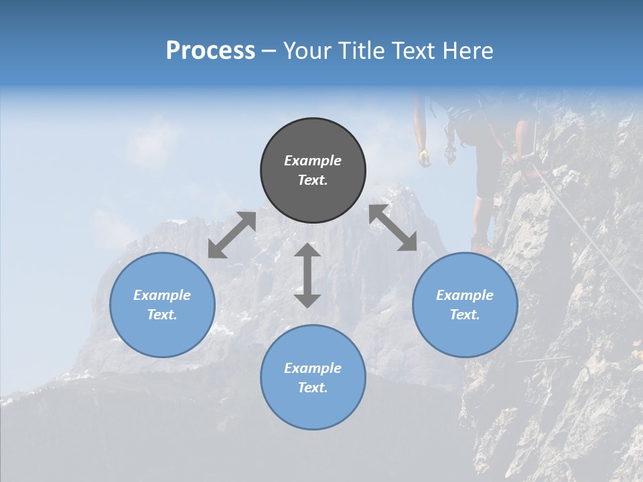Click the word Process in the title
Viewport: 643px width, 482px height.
point(210,51)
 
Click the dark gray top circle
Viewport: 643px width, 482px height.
point(313,170)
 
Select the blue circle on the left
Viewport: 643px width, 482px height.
point(162,305)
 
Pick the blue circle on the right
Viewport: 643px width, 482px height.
point(465,305)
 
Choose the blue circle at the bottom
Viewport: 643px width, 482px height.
point(313,378)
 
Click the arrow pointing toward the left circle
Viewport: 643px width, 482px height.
point(232,235)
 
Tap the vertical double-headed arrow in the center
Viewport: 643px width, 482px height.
point(307,275)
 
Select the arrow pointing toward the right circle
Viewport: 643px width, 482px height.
point(393,228)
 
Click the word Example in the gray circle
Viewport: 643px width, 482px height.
point(313,161)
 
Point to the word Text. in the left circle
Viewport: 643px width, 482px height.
point(162,315)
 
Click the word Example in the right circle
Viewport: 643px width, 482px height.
point(465,295)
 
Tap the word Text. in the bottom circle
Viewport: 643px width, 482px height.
point(313,388)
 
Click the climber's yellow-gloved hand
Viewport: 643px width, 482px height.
point(423,157)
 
